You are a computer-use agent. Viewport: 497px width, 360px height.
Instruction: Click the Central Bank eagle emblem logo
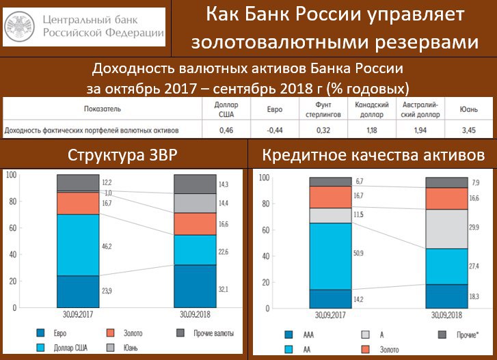click(x=20, y=26)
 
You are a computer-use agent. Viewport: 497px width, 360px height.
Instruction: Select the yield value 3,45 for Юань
click(x=468, y=130)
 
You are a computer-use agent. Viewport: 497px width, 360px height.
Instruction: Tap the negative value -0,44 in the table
click(x=275, y=130)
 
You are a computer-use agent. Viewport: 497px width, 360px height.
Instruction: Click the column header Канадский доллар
click(x=372, y=109)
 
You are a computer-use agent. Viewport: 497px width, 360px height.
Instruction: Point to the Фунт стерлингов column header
click(x=323, y=109)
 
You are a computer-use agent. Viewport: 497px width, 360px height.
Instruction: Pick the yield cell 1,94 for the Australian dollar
click(x=420, y=130)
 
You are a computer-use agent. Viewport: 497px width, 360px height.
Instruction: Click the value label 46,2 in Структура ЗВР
click(x=107, y=246)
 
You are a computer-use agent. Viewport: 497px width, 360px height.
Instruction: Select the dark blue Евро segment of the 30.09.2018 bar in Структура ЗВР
click(x=195, y=286)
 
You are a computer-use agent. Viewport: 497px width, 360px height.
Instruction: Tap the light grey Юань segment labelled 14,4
click(x=195, y=204)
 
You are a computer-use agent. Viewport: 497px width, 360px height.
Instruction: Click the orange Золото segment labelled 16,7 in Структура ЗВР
click(x=78, y=204)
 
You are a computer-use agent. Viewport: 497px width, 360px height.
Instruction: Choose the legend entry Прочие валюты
click(x=205, y=333)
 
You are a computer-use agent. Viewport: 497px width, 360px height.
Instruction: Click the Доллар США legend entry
click(x=62, y=348)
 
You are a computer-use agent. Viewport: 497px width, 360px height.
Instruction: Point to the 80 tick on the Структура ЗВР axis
click(x=13, y=202)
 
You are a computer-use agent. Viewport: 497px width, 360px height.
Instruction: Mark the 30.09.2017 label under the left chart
click(x=78, y=314)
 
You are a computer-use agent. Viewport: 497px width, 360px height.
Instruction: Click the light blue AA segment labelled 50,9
click(x=331, y=256)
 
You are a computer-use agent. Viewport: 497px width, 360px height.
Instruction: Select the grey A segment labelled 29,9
click(x=446, y=229)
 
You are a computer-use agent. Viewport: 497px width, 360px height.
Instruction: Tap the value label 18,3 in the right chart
click(x=474, y=296)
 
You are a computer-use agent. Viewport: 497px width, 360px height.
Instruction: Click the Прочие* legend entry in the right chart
click(x=458, y=335)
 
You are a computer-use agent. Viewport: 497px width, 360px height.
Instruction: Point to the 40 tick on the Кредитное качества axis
click(x=266, y=256)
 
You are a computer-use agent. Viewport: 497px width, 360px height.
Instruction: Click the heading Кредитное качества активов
click(x=373, y=155)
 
